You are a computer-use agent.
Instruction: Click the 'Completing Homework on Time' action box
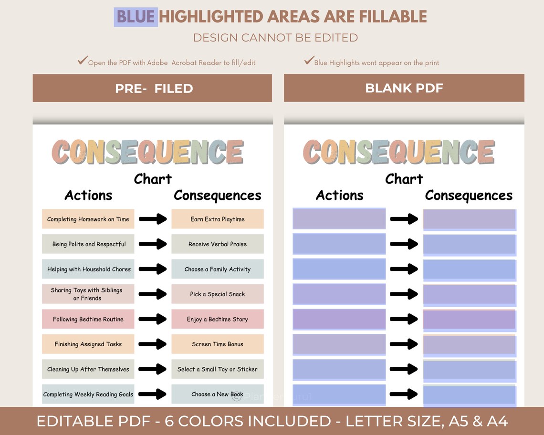[88, 219]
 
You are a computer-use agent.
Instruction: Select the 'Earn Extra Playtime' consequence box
[218, 219]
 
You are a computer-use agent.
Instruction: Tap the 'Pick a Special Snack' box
[218, 294]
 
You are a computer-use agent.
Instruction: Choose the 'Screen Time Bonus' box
[218, 344]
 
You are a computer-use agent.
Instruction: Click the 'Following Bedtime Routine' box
[88, 320]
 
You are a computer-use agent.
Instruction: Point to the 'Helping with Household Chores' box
[88, 269]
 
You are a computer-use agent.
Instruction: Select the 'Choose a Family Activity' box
[218, 269]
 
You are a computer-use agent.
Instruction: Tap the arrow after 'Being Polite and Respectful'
[153, 244]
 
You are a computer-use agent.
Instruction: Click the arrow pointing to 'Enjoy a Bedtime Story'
[153, 319]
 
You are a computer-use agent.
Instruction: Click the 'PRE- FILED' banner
[153, 88]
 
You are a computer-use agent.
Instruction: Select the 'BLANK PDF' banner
[404, 88]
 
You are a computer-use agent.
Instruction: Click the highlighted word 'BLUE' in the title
[136, 17]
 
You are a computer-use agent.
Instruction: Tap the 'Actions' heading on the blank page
[340, 196]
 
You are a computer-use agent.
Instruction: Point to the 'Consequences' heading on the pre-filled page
[218, 196]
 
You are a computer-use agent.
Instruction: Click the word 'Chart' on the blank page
[404, 179]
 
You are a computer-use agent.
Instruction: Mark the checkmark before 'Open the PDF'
[83, 61]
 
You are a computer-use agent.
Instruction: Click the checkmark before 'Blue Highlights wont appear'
[309, 61]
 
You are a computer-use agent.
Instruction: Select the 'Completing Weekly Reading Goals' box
[88, 394]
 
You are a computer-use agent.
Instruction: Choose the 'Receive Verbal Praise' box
[218, 244]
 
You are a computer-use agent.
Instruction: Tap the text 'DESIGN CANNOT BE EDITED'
[275, 38]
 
